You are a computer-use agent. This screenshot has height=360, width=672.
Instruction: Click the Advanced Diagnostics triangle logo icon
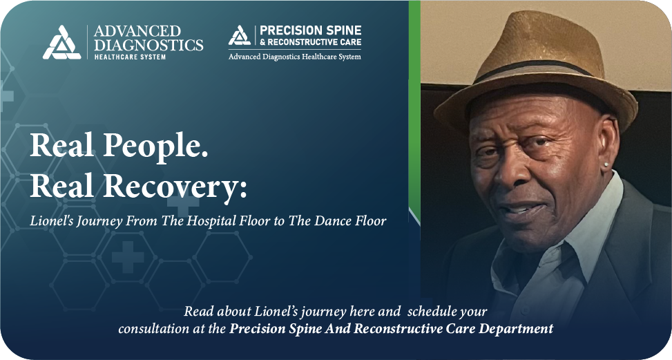(x=62, y=42)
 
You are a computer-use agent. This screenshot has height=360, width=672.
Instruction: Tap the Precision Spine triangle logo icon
(x=239, y=36)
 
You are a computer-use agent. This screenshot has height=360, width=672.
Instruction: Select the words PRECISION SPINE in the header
(x=309, y=31)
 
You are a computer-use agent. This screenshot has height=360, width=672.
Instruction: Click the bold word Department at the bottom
(x=517, y=328)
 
